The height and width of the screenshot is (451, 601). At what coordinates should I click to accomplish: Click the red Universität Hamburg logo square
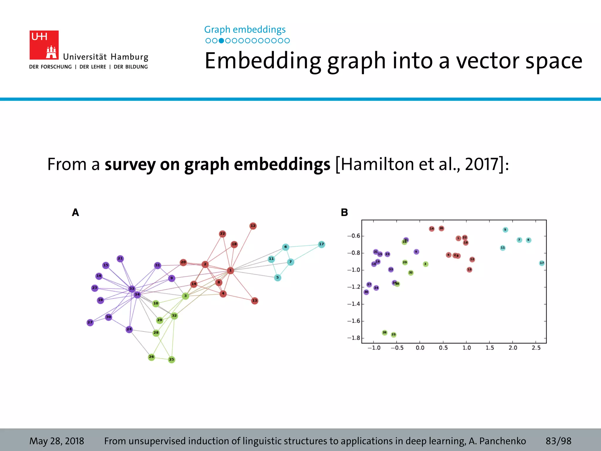(x=44, y=45)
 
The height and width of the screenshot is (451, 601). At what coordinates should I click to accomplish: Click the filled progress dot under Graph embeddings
(x=222, y=41)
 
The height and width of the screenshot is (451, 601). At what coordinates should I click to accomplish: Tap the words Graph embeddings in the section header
(x=245, y=29)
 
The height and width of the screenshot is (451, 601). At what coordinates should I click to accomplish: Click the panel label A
(x=75, y=212)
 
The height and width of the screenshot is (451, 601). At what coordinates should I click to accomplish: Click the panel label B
(x=344, y=212)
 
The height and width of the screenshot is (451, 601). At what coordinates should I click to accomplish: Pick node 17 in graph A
(x=322, y=244)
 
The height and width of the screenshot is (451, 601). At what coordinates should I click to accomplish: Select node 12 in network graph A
(x=253, y=226)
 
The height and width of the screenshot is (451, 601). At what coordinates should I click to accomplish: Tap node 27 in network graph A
(x=90, y=322)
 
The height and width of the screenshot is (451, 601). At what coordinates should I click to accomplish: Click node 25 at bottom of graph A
(x=172, y=359)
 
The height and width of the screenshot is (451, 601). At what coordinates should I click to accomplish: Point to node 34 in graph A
(x=137, y=295)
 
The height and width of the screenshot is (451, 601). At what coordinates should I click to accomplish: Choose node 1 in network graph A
(x=230, y=270)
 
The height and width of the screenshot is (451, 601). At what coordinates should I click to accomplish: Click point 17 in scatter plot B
(x=542, y=263)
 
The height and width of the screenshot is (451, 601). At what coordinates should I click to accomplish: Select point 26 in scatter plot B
(x=384, y=332)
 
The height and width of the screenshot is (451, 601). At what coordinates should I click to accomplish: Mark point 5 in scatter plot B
(x=505, y=230)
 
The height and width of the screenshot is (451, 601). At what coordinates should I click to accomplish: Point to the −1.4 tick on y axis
(x=353, y=304)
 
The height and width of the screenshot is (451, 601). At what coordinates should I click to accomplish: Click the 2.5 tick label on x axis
(x=536, y=348)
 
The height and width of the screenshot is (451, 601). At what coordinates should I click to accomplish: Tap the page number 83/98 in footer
(x=558, y=441)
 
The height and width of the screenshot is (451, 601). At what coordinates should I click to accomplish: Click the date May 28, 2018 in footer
(x=57, y=441)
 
